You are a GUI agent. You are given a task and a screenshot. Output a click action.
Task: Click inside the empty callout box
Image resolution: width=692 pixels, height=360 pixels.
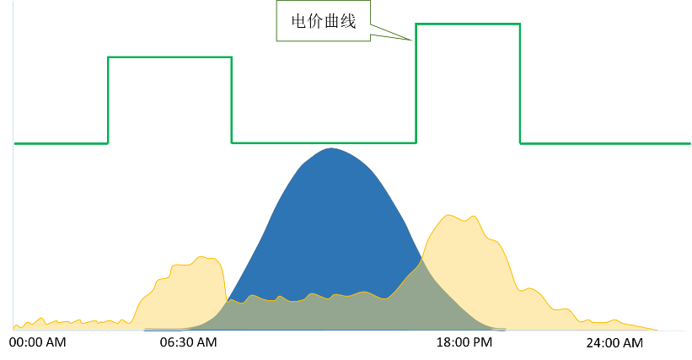click(323, 20)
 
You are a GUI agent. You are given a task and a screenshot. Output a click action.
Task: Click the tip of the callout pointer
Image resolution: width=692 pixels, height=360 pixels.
click(414, 40)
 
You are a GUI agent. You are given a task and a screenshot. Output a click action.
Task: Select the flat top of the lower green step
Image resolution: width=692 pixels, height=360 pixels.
click(169, 57)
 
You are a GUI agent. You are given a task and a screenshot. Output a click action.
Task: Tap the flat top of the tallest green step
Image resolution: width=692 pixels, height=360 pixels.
click(468, 24)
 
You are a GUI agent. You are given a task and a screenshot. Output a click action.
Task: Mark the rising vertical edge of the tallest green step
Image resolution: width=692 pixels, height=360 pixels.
click(416, 84)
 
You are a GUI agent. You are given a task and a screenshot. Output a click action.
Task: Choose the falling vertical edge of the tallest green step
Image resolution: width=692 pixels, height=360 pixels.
click(520, 84)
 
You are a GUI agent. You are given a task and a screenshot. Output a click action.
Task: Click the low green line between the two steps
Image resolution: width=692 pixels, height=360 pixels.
click(324, 142)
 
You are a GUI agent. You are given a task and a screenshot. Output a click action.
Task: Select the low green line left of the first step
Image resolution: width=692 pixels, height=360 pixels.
click(59, 143)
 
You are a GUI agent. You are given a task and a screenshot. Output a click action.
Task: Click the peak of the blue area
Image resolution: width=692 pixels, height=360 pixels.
click(330, 149)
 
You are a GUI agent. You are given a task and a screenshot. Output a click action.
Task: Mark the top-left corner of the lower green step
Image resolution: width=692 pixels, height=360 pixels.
click(109, 57)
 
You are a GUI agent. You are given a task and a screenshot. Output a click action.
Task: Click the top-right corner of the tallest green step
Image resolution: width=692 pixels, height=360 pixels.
click(519, 24)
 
